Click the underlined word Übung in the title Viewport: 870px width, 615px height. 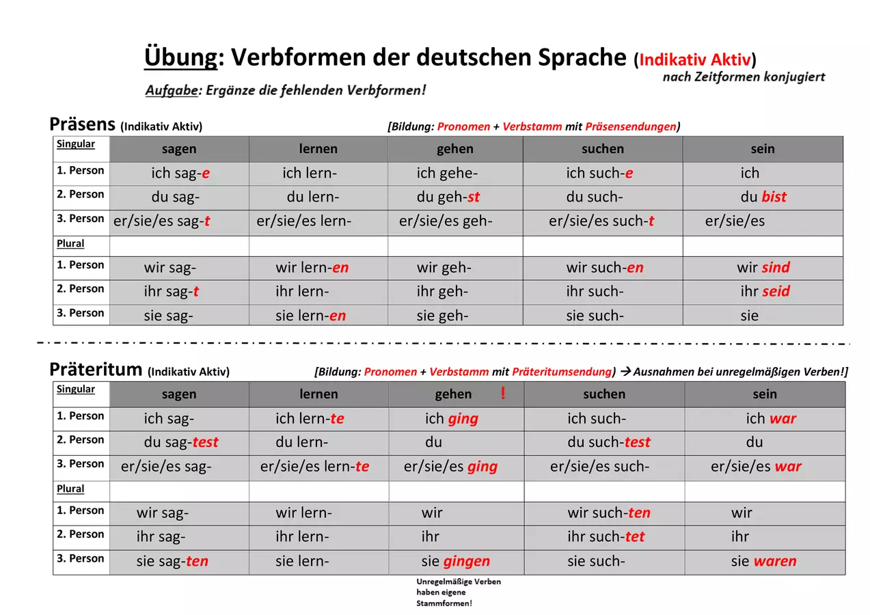pos(180,57)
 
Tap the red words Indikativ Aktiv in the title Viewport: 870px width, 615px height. pos(695,60)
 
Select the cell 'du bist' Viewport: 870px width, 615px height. pos(763,197)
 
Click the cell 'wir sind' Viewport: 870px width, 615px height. pos(763,267)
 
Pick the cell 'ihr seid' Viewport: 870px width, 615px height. pos(763,291)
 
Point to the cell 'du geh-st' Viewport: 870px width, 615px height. pos(455,197)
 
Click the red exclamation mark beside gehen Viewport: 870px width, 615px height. pos(503,393)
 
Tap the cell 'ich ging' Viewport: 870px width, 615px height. pos(457,418)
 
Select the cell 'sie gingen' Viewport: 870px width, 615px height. pos(457,562)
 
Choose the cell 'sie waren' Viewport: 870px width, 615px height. pos(765,562)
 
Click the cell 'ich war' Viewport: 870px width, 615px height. pos(765,418)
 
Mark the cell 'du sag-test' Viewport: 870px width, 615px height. pos(179,442)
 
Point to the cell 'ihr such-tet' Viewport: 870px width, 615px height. pos(604,537)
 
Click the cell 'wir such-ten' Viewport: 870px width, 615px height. pos(604,513)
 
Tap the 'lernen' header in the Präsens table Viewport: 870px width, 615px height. pos(318,149)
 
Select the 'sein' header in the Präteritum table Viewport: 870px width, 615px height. pos(765,394)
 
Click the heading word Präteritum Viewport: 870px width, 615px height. pos(96,369)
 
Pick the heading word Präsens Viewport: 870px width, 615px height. pos(82,124)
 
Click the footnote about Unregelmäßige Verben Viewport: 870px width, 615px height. pos(459,592)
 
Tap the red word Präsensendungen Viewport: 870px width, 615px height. pos(631,127)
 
